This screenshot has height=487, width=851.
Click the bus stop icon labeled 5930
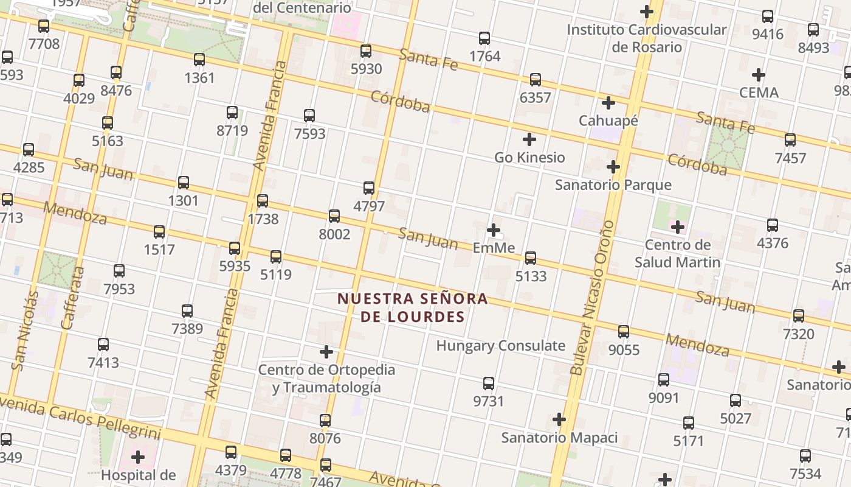[x=366, y=51]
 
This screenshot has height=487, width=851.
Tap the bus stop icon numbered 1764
[x=484, y=38]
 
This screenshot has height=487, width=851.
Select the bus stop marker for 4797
[x=369, y=188]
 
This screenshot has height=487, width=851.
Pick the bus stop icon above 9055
[x=624, y=332]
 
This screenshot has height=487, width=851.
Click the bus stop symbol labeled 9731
[x=489, y=384]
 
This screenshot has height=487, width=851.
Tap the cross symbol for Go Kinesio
[x=529, y=139]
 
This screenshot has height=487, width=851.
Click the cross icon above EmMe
[x=494, y=230]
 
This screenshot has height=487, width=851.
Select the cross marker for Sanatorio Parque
[x=613, y=167]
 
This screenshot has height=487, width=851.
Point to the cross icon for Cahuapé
[x=608, y=103]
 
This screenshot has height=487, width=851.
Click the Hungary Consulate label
[x=501, y=346]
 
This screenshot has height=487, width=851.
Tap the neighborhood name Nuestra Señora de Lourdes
[x=413, y=307]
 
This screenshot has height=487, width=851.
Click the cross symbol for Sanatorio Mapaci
[x=559, y=419]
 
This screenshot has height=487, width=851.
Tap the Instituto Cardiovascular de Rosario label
[x=647, y=38]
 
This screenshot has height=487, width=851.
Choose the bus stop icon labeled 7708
[x=44, y=26]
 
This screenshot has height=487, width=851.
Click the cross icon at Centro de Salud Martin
[x=678, y=228]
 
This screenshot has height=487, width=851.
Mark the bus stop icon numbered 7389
[x=187, y=311]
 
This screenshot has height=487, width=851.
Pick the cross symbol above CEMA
[x=758, y=75]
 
